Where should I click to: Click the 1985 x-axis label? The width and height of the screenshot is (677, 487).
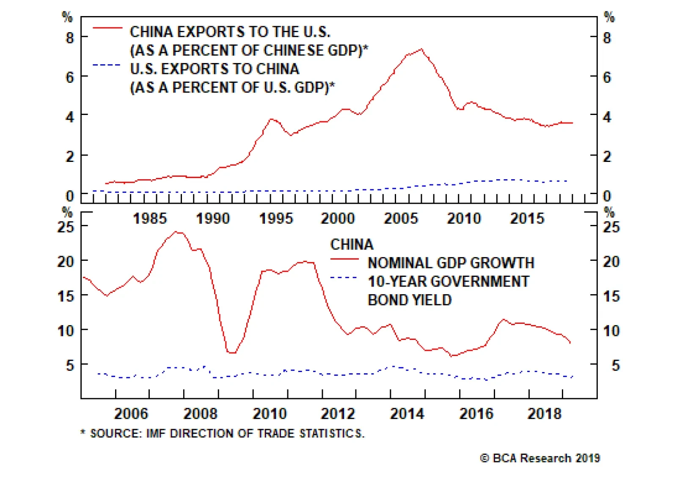click(150, 219)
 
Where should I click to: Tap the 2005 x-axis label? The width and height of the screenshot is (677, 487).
click(401, 219)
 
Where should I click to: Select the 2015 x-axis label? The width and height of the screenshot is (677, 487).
click(527, 219)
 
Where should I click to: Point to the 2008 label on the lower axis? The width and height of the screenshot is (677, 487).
click(200, 413)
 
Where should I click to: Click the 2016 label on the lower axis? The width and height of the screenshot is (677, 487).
click(476, 413)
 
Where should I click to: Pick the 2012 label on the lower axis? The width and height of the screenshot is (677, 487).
click(338, 413)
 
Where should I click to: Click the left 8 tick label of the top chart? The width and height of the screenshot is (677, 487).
click(70, 38)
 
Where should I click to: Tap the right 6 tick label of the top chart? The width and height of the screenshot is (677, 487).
click(607, 77)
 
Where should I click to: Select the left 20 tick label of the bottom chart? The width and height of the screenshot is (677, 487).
click(66, 262)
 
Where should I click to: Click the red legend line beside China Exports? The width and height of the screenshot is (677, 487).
click(107, 28)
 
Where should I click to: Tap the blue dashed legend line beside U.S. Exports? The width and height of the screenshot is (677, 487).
click(107, 65)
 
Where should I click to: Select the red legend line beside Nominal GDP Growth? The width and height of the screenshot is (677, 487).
click(344, 259)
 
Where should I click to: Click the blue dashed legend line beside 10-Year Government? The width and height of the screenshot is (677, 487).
click(344, 278)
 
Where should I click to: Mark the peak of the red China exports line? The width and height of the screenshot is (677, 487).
click(421, 49)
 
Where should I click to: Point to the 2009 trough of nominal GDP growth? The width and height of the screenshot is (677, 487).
click(232, 353)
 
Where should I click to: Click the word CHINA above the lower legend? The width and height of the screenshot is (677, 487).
click(352, 244)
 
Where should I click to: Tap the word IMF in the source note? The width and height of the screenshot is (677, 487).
click(156, 434)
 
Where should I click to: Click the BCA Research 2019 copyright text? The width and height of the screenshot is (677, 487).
click(540, 458)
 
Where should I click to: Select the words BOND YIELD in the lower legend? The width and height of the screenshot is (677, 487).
click(410, 300)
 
